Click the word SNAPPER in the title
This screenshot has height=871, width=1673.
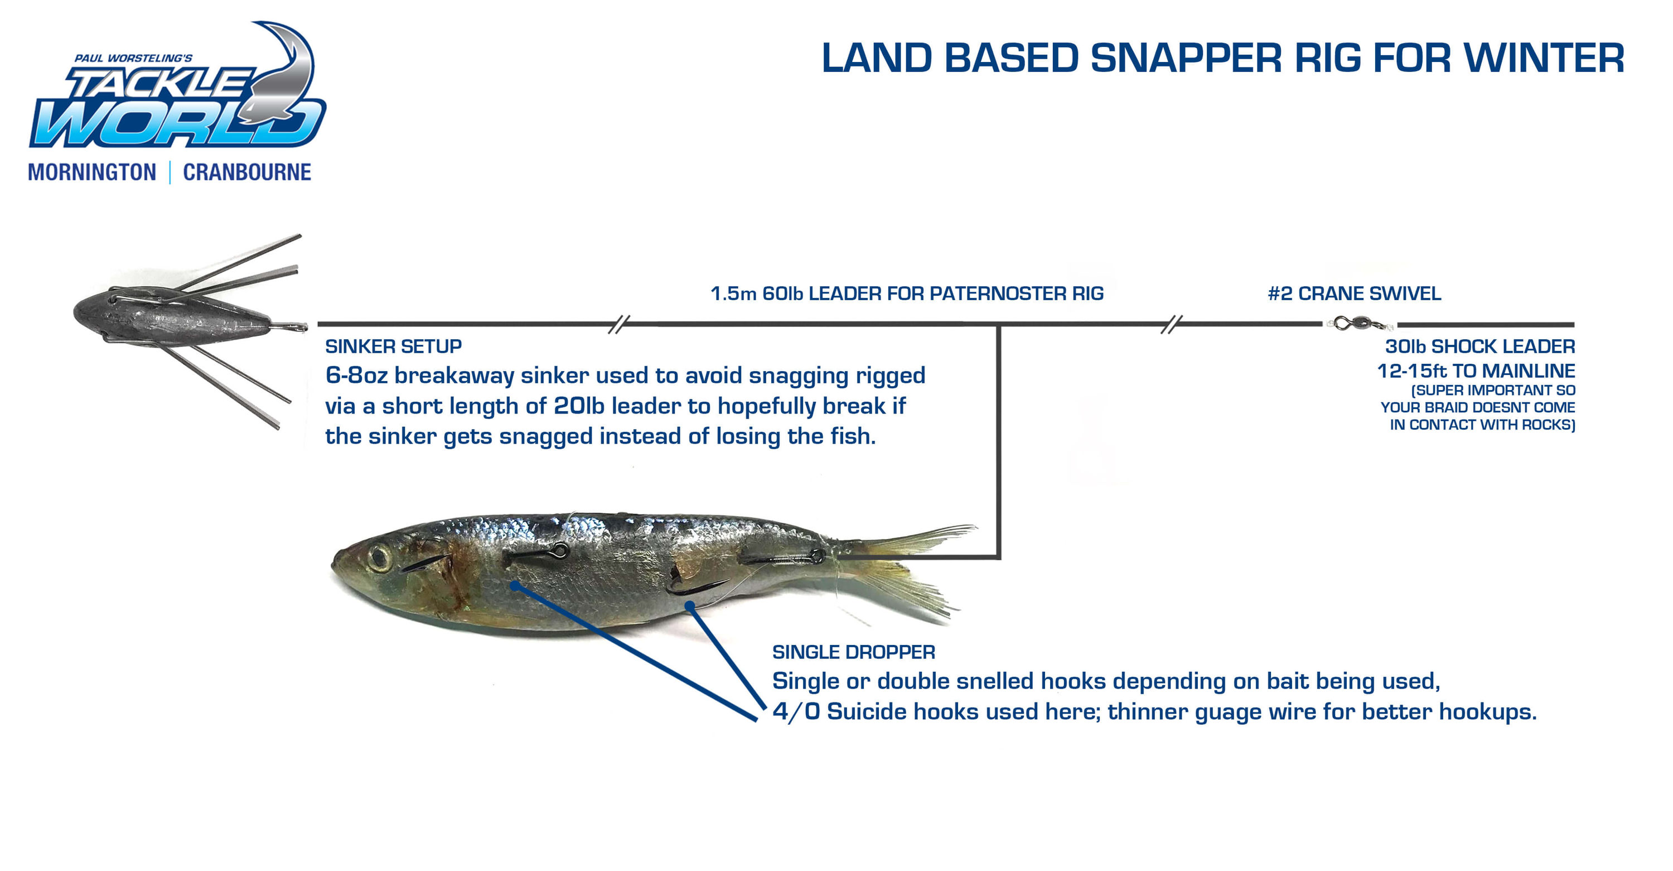tap(1186, 58)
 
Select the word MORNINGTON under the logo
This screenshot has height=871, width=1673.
tap(92, 172)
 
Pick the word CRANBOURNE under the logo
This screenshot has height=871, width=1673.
tap(247, 172)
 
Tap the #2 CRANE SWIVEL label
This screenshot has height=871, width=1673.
tap(1355, 294)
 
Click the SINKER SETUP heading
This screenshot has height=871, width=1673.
tap(394, 347)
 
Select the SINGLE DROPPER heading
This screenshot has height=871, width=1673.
tap(854, 652)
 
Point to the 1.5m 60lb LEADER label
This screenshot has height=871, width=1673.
tap(907, 294)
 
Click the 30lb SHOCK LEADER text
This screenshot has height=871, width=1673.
tap(1480, 347)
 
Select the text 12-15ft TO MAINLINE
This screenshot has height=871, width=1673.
tap(1476, 371)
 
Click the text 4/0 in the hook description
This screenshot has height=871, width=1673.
tap(796, 712)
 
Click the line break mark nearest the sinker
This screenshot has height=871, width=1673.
tap(619, 324)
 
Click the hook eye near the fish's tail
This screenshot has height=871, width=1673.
tap(818, 556)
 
